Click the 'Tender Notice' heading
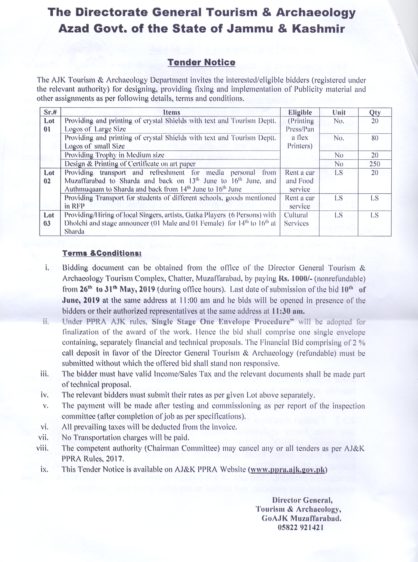(x=201, y=62)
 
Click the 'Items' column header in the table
(x=171, y=112)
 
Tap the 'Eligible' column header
(x=300, y=112)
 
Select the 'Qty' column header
(x=375, y=112)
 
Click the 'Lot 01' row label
(x=49, y=125)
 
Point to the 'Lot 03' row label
(x=49, y=219)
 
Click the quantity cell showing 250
(x=375, y=164)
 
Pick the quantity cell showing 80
(x=375, y=138)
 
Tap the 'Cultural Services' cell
(x=296, y=219)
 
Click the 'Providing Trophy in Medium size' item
(x=114, y=155)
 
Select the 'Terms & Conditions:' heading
(x=102, y=253)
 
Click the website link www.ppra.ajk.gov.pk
(x=287, y=469)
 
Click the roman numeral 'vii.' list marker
(x=43, y=437)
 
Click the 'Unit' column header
(x=339, y=112)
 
